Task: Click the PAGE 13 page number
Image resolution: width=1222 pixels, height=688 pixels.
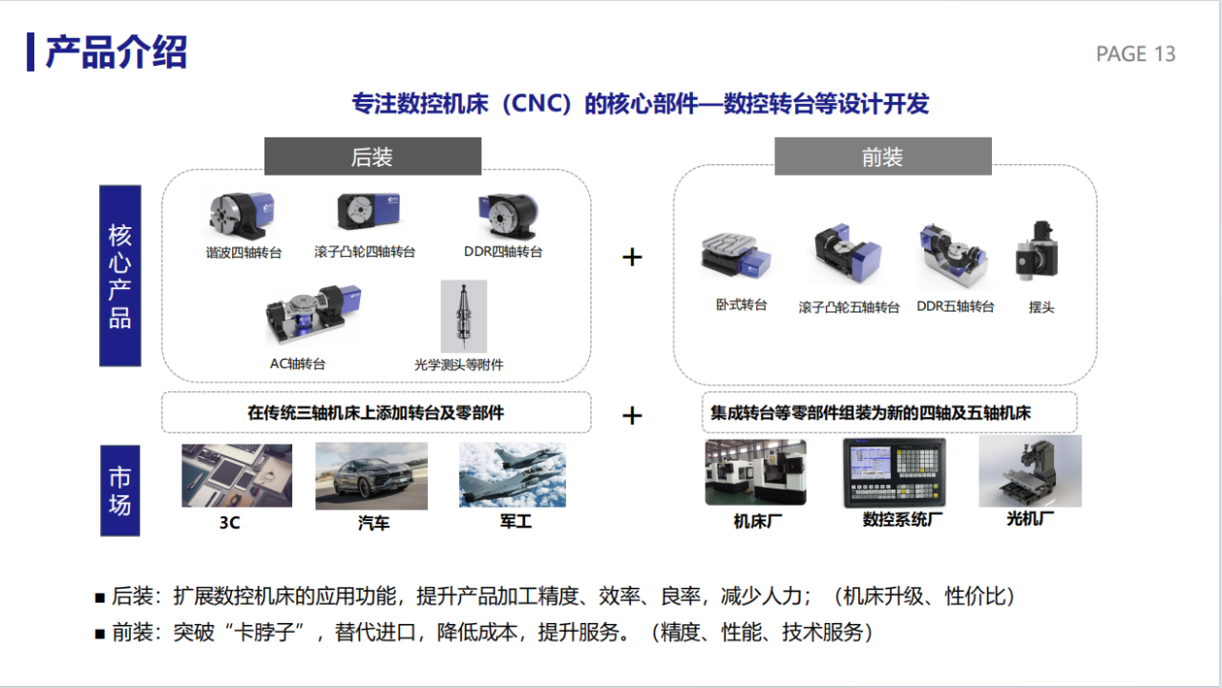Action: [x=1135, y=54]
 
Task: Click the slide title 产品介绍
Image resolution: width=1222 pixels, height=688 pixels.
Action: [x=116, y=52]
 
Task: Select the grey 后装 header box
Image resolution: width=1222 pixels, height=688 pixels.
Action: [x=372, y=157]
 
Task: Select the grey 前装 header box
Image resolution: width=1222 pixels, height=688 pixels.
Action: [x=882, y=157]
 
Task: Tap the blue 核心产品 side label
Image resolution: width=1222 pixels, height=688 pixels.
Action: [x=120, y=276]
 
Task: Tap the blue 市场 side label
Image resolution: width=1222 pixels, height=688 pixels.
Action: [x=120, y=490]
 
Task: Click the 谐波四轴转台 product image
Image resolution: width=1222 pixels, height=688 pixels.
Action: [x=242, y=217]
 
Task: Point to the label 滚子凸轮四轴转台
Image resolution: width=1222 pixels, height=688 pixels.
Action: [x=365, y=253]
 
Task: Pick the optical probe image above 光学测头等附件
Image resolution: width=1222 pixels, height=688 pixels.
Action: [x=463, y=316]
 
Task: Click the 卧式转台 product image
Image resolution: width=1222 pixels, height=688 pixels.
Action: [x=737, y=256]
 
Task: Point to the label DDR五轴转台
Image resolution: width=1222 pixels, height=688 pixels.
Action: [x=956, y=307]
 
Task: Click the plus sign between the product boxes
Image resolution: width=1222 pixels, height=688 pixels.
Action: [x=632, y=258]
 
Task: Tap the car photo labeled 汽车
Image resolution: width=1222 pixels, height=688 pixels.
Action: [x=371, y=475]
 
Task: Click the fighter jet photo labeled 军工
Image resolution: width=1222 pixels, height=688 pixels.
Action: [x=512, y=474]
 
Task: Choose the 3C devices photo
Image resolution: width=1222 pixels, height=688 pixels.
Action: [x=237, y=474]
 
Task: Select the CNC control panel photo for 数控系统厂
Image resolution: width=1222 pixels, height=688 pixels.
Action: [x=895, y=472]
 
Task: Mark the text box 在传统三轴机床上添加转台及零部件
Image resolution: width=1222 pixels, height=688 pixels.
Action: [x=376, y=413]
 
